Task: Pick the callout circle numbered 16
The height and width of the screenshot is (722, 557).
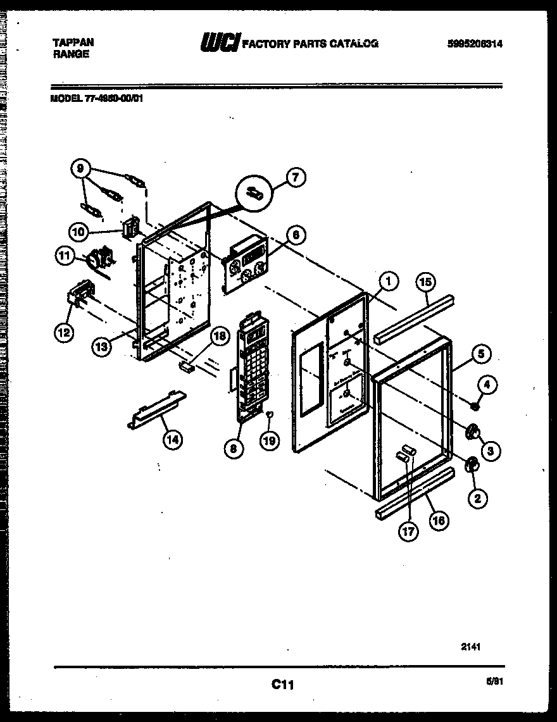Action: pos(438,520)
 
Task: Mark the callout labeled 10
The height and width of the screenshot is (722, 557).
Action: pos(80,232)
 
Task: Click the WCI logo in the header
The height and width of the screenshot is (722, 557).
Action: pos(219,43)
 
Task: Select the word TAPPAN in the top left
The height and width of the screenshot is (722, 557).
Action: pos(72,42)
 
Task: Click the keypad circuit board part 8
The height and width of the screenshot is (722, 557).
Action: pos(253,367)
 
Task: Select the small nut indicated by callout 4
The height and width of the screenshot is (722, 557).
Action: pos(473,405)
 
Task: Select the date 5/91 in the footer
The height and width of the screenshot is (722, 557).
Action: pos(496,682)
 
